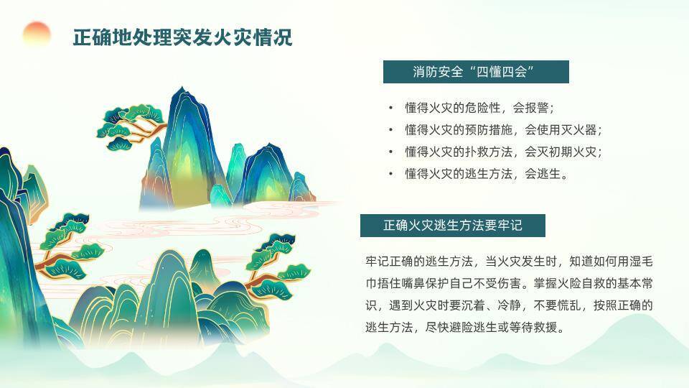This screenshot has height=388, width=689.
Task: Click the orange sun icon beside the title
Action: [x=37, y=34]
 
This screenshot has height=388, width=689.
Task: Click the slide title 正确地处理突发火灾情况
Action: [x=182, y=37]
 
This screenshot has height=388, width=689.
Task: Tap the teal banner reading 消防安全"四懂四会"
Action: [x=476, y=72]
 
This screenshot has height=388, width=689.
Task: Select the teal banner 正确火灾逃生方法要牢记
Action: [x=453, y=226]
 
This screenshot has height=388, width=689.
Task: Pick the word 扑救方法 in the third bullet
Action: [x=480, y=152]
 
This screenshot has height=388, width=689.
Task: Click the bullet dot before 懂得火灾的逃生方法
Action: [x=390, y=174]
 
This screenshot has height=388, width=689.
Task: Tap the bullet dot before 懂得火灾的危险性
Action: [x=390, y=108]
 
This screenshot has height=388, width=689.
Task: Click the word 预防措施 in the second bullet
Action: [x=480, y=130]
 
